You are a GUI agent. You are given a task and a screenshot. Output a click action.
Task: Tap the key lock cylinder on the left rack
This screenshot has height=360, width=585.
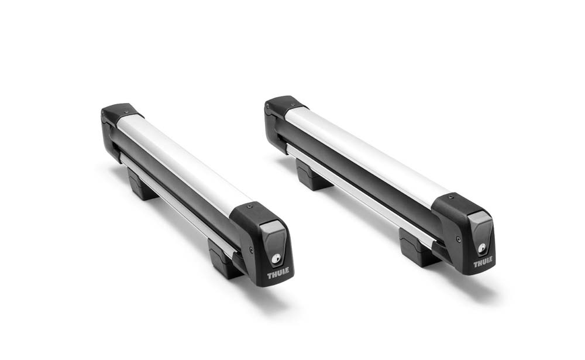click(x=276, y=259)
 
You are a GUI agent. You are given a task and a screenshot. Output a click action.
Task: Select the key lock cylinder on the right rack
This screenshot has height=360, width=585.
click(x=482, y=248)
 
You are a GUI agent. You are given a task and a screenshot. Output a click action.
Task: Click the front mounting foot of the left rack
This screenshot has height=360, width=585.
click(x=224, y=259)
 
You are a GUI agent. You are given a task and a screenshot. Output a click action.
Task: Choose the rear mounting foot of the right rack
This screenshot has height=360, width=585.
click(x=312, y=175)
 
